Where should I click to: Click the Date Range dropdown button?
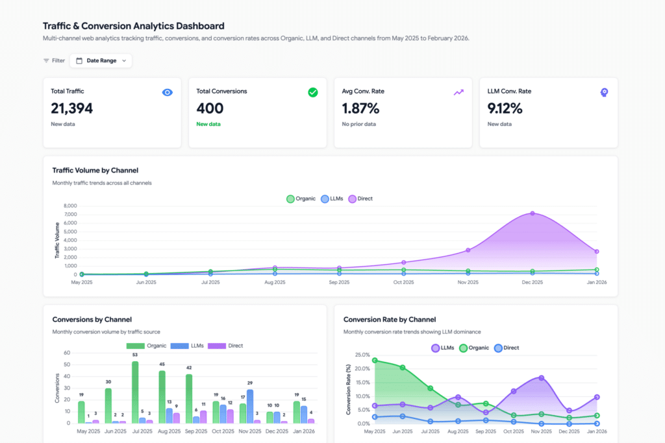pyautogui.click(x=101, y=60)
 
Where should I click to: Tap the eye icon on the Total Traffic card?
pyautogui.click(x=167, y=92)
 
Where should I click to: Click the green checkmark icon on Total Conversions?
pyautogui.click(x=312, y=92)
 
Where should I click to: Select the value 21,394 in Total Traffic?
pyautogui.click(x=71, y=108)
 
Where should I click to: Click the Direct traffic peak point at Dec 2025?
pyautogui.click(x=533, y=213)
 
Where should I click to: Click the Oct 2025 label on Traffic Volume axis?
pyautogui.click(x=403, y=282)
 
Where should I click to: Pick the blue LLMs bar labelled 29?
pyautogui.click(x=250, y=407)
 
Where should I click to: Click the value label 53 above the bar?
pyautogui.click(x=135, y=355)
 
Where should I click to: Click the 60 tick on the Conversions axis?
pyautogui.click(x=66, y=353)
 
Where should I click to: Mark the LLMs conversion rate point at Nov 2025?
pyautogui.click(x=541, y=377)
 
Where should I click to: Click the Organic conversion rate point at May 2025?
pyautogui.click(x=375, y=360)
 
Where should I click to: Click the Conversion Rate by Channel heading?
pyautogui.click(x=390, y=319)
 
